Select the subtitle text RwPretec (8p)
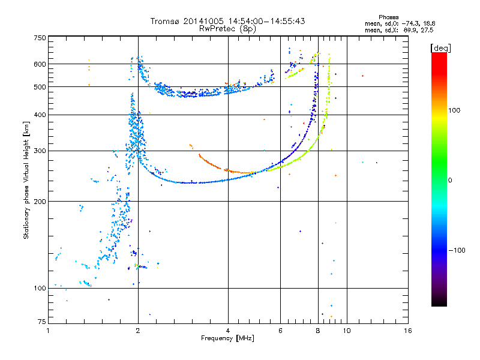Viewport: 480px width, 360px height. [x=227, y=29]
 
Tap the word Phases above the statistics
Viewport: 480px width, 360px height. [x=388, y=17]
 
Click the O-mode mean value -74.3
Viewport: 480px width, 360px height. [x=411, y=23]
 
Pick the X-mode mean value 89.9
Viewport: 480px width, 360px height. [x=412, y=30]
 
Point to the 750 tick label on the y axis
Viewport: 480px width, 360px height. [x=40, y=38]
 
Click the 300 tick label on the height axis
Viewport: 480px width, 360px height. [x=40, y=151]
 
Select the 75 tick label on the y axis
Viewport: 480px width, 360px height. [x=42, y=322]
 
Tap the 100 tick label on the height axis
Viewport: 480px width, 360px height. [x=40, y=289]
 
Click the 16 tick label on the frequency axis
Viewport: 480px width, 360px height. [x=408, y=331]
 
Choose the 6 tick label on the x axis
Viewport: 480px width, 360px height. [x=280, y=331]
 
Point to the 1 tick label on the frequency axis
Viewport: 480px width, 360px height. [x=48, y=331]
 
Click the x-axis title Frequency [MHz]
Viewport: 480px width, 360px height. [x=227, y=338]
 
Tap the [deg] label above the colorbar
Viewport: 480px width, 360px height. [x=440, y=49]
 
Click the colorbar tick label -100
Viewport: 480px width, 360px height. [x=457, y=250]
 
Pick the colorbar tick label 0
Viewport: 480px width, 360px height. [x=450, y=181]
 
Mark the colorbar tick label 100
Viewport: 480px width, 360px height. [x=454, y=110]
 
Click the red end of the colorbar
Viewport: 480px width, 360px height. [x=439, y=55]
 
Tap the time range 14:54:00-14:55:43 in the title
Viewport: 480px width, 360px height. [x=266, y=21]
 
